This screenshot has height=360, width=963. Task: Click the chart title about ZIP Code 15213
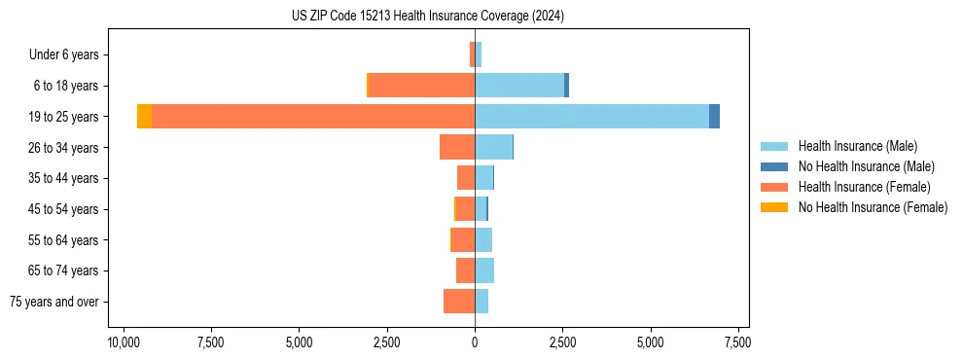(427, 17)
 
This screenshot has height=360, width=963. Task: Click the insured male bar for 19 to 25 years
(591, 117)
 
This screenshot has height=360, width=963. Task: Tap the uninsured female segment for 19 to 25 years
(144, 117)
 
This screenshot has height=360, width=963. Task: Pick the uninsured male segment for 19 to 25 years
(714, 117)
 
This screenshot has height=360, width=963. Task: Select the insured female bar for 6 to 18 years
(421, 86)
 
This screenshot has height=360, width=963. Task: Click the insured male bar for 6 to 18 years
(519, 86)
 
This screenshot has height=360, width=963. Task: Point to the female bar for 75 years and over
(459, 302)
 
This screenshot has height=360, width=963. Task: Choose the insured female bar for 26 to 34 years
(457, 147)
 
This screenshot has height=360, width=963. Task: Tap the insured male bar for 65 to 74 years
(484, 270)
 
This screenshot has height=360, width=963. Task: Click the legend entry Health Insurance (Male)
(857, 146)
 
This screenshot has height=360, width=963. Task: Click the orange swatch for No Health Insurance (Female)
(774, 207)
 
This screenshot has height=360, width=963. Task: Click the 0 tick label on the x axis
(475, 342)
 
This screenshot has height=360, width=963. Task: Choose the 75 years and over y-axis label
(54, 302)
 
